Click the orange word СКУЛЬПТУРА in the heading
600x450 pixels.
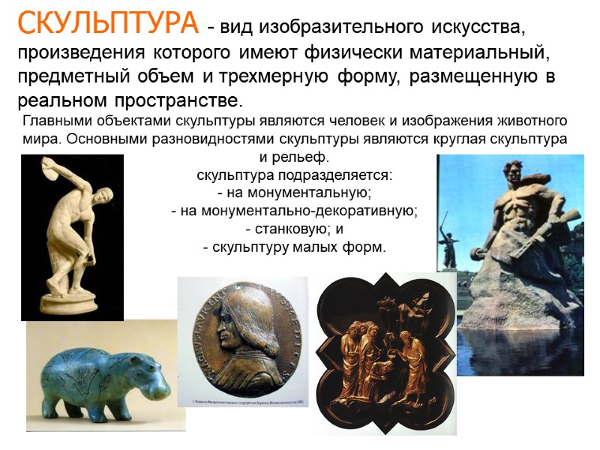pyautogui.click(x=108, y=25)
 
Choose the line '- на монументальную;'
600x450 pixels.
pyautogui.click(x=295, y=193)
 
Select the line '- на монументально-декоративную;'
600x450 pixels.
pyautogui.click(x=295, y=211)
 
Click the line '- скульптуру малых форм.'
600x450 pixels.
pyautogui.click(x=295, y=247)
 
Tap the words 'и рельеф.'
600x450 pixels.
pyautogui.click(x=295, y=158)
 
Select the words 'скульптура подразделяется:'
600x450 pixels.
pyautogui.click(x=295, y=176)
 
